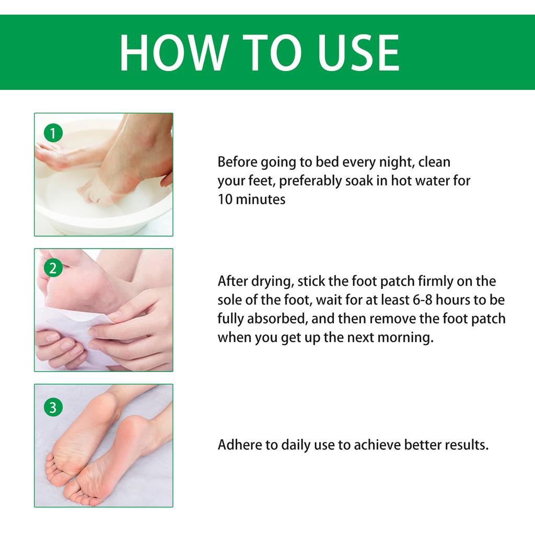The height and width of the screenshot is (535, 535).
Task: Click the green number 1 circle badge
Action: point(53,134)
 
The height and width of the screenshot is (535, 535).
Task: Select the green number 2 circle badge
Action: point(53,269)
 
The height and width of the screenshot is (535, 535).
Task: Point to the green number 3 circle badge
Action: point(53,406)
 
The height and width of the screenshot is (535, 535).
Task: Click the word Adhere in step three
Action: point(237,446)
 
